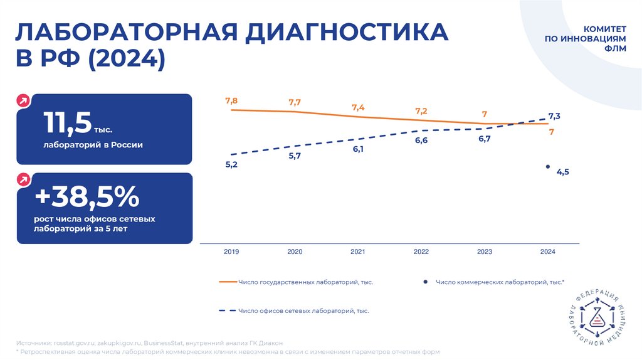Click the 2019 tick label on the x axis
(231, 251)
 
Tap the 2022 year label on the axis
(421, 251)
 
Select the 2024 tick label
(547, 251)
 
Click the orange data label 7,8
(231, 100)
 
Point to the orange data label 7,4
(358, 107)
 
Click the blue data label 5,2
(231, 164)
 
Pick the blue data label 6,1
(358, 149)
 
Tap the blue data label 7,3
(554, 116)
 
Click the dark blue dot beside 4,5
(548, 167)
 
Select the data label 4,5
(562, 172)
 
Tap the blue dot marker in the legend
(425, 282)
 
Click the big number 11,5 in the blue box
(67, 123)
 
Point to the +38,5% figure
(87, 197)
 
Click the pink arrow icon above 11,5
(23, 100)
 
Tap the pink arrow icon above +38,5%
(23, 179)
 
